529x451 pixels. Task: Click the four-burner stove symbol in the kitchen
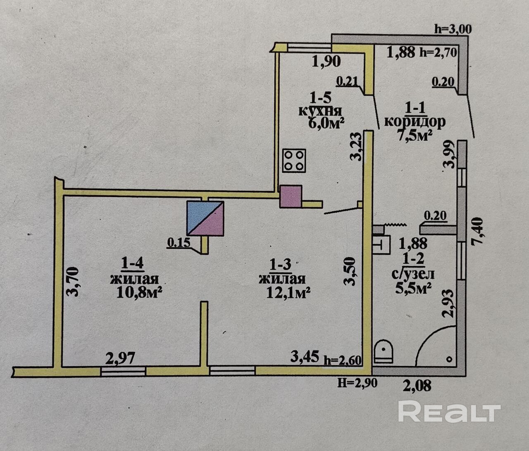tap(294, 160)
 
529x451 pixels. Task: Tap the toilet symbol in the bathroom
tap(384, 351)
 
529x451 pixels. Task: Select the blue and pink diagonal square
tap(205, 218)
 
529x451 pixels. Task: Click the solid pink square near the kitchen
tap(291, 196)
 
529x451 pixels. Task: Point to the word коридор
tap(415, 122)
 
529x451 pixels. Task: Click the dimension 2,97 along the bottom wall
tap(120, 358)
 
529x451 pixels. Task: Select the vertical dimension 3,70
tap(72, 282)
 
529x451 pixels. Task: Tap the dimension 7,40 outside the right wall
tap(477, 231)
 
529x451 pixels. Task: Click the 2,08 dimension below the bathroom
tap(417, 385)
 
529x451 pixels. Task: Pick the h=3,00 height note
tap(453, 29)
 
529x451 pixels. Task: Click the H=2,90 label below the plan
tap(357, 383)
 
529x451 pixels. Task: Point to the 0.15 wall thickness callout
tap(179, 242)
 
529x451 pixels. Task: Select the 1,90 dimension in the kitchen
tap(326, 62)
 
